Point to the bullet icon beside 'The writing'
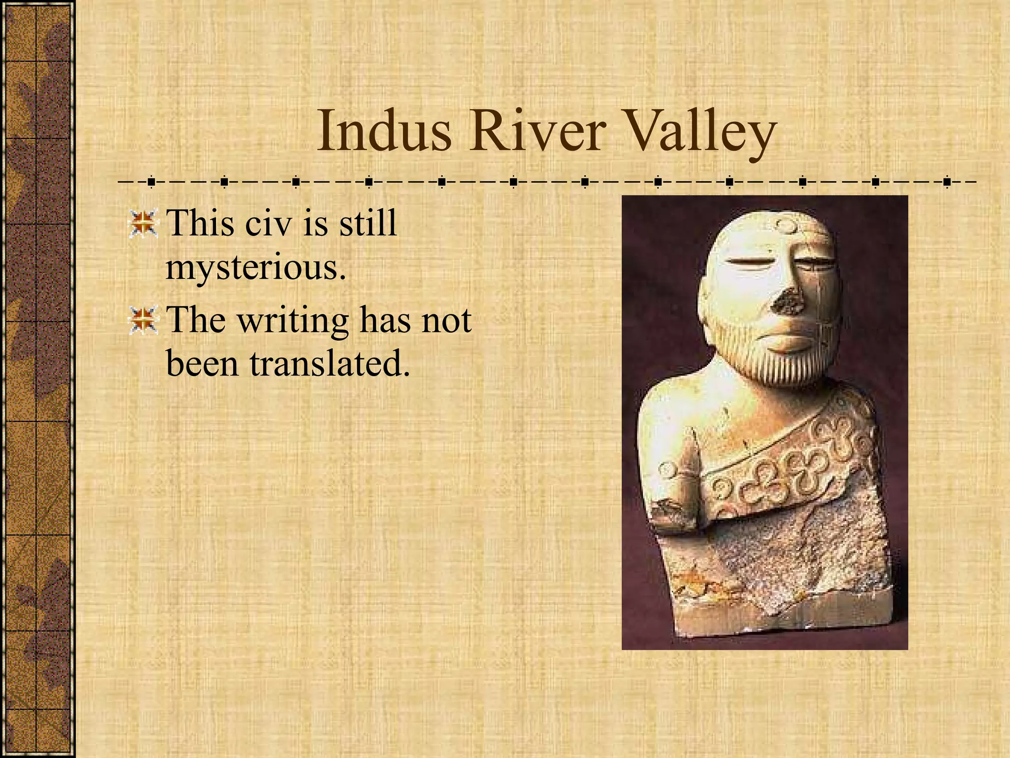click(x=143, y=320)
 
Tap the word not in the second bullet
click(x=447, y=320)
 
